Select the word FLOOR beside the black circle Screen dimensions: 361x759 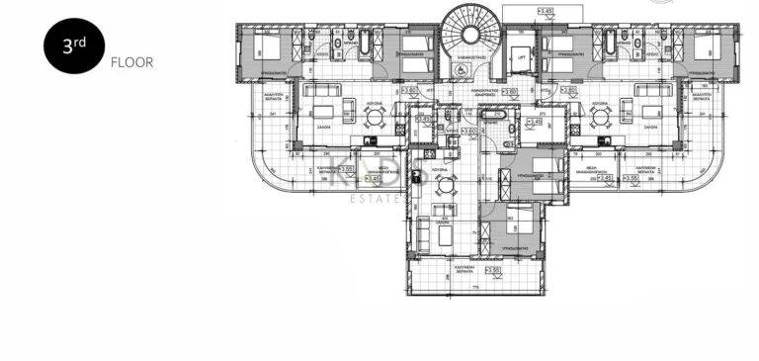132,61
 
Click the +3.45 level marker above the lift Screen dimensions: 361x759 546,11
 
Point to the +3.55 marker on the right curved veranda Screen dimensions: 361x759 628,178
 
